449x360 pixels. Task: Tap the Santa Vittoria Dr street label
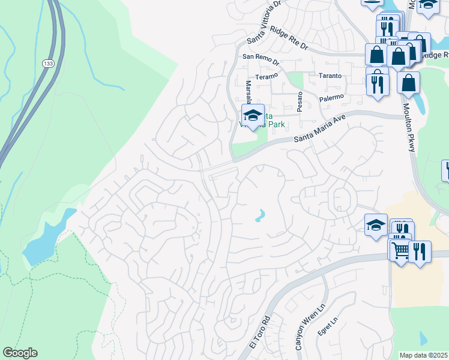(x=264, y=22)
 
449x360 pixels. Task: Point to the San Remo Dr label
(x=261, y=60)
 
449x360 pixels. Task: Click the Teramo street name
(x=267, y=76)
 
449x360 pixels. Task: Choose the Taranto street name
(x=330, y=76)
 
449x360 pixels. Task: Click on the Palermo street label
(x=333, y=97)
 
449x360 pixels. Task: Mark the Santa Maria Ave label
(x=321, y=130)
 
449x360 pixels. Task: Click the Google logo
(x=20, y=352)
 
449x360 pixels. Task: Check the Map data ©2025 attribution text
(x=424, y=355)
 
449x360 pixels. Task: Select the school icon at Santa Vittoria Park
(x=253, y=115)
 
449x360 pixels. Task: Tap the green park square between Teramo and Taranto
(x=295, y=80)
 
